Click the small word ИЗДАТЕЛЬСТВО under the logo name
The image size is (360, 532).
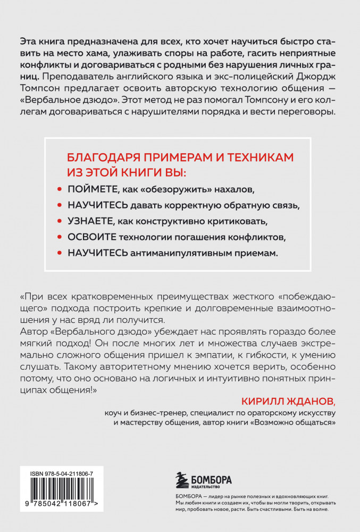pyautogui.click(x=207, y=487)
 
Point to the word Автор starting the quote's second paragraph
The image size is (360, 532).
pyautogui.click(x=33, y=332)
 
